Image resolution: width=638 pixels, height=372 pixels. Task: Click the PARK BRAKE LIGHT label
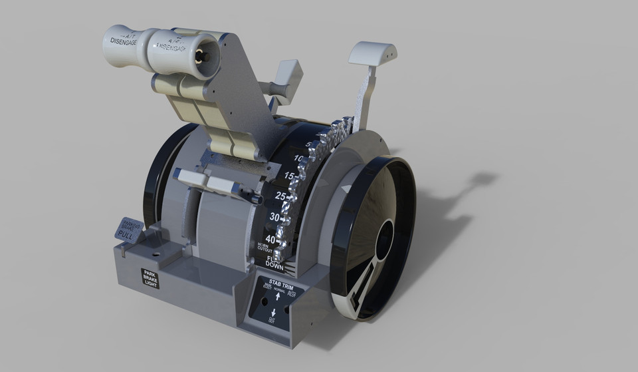point(151,278)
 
